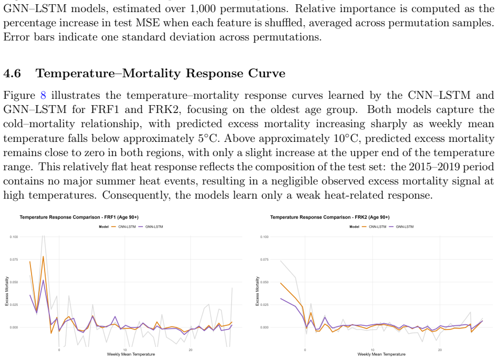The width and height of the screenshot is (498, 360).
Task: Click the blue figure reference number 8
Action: tap(43, 95)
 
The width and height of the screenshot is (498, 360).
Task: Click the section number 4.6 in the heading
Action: tap(12, 74)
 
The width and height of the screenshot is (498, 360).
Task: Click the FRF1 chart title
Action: tap(79, 218)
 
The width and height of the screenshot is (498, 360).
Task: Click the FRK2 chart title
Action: tap(330, 218)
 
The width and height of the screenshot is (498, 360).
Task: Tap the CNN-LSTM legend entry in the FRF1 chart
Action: tap(124, 227)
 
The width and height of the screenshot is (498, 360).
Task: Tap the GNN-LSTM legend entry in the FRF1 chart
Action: tap(151, 227)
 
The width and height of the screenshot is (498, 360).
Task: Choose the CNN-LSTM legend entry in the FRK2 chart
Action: tap(375, 227)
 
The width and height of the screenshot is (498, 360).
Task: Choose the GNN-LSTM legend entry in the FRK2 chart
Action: tap(402, 227)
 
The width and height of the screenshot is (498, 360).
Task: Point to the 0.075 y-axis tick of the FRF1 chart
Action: tap(14, 260)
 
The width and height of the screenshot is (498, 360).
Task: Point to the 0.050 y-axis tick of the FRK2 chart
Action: tap(264, 282)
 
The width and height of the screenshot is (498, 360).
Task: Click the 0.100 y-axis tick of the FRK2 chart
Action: tap(264, 237)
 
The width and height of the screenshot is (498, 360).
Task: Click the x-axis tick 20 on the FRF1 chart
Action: tap(190, 350)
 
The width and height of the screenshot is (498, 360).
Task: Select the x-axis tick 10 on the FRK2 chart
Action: tap(372, 350)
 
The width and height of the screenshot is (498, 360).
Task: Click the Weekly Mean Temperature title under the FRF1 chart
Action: tap(131, 354)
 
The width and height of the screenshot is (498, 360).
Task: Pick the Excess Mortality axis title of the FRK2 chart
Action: tap(257, 291)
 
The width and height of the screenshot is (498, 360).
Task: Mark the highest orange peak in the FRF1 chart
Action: tap(43, 256)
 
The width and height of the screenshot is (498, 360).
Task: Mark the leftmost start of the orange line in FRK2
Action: tap(281, 283)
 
